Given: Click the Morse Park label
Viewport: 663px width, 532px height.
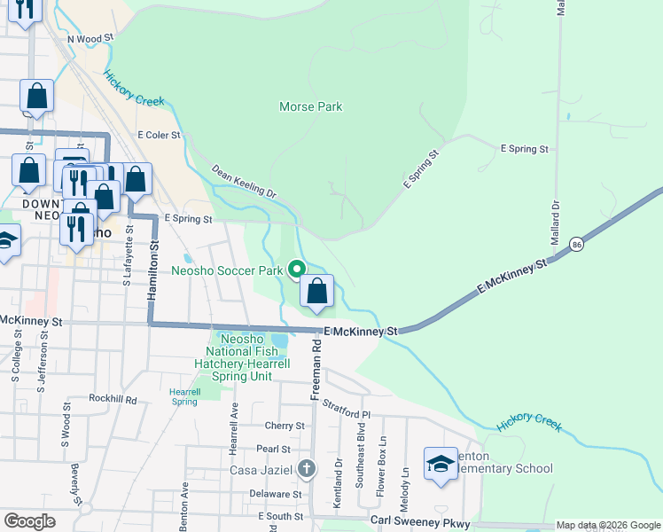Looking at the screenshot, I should tap(310, 107).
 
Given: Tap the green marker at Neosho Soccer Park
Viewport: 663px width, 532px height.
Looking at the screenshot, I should tap(296, 269).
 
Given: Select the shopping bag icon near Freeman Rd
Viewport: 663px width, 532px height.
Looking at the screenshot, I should tap(316, 290).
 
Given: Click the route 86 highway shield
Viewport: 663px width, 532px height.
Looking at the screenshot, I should tap(576, 243).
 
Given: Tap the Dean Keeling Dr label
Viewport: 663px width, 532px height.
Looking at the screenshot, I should tap(244, 181).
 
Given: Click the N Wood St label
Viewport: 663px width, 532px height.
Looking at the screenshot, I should tap(91, 39).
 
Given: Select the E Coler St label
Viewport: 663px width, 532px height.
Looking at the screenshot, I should tap(159, 136).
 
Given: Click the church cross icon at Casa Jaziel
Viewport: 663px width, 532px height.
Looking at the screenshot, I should tap(306, 469).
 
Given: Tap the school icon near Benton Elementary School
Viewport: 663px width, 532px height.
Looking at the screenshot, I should tap(441, 464).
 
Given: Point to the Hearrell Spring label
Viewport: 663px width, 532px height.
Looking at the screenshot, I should tap(184, 395).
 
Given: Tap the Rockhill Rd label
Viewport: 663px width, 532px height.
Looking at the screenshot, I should tap(113, 399).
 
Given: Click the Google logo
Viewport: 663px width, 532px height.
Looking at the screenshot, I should tap(30, 521).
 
